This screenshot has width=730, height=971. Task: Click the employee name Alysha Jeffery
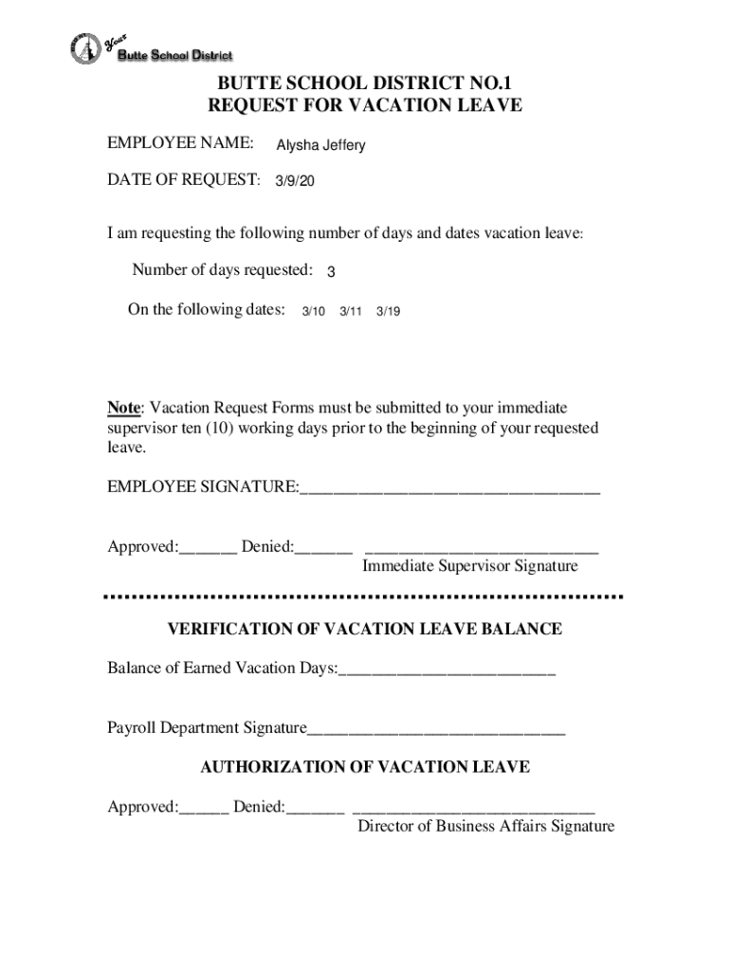pos(320,146)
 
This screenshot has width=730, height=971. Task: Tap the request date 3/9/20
pos(295,180)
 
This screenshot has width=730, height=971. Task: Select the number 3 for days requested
pos(331,272)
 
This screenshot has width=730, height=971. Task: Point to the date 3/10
pos(313,311)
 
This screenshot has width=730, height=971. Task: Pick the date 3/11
pos(351,311)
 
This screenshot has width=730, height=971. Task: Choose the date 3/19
pos(388,311)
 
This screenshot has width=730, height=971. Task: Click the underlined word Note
pos(123,408)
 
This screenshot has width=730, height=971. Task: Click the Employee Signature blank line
pos(449,491)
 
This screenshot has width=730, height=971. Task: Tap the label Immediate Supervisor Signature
pos(469,566)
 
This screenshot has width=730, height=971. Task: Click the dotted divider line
pos(363,596)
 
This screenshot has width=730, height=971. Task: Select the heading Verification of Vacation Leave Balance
pos(365,629)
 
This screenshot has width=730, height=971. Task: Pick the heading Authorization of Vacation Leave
pos(365,767)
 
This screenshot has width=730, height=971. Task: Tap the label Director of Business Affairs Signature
pos(485,826)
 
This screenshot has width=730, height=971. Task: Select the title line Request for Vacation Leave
pos(365,105)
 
